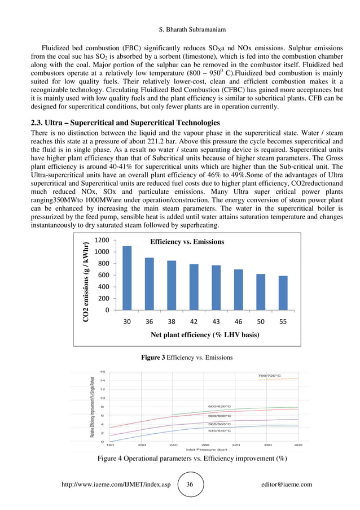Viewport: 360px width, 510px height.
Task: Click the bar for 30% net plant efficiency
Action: click(x=127, y=278)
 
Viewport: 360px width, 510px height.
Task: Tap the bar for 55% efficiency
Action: click(x=283, y=293)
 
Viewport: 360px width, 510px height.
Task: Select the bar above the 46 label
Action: click(x=238, y=289)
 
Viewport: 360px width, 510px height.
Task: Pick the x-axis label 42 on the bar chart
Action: click(x=194, y=322)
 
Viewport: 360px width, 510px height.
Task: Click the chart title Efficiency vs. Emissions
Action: click(x=187, y=242)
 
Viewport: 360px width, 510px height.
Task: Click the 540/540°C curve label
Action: click(x=219, y=431)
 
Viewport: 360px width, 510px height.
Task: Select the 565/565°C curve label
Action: click(x=219, y=423)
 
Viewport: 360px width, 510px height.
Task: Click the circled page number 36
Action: click(x=190, y=485)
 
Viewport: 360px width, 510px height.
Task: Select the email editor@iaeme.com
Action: click(x=287, y=485)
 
